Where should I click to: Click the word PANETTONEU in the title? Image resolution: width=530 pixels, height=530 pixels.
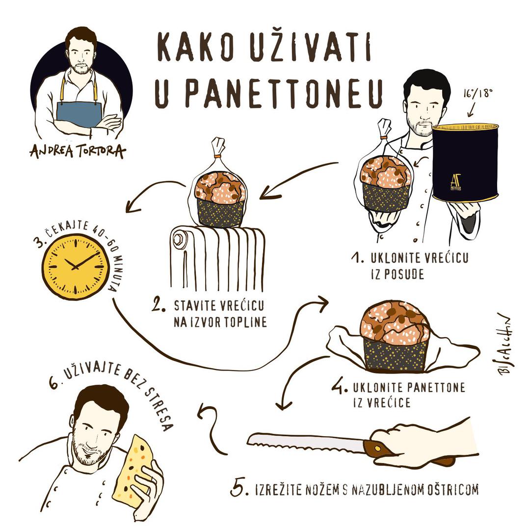tap(285, 93)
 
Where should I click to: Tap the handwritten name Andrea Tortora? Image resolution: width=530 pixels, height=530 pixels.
tap(78, 151)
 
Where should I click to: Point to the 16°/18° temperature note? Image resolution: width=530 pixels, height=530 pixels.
tap(478, 93)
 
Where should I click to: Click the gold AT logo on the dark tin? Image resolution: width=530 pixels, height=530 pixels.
tap(455, 182)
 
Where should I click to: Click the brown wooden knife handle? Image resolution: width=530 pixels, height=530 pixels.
tap(378, 449)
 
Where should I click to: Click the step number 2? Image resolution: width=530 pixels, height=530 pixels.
tap(158, 305)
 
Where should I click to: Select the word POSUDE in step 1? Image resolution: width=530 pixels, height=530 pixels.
tap(397, 274)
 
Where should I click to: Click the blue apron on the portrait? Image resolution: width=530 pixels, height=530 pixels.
tap(79, 113)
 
